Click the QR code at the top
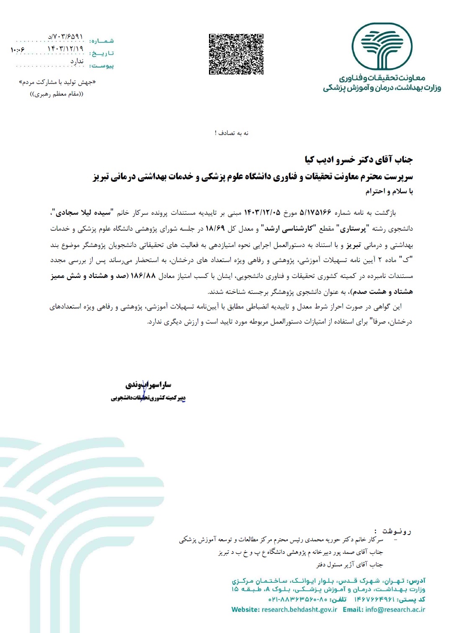[x=236, y=54]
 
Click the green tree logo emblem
[x=382, y=46]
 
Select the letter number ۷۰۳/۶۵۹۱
[x=65, y=37]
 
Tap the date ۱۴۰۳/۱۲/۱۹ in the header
[x=65, y=49]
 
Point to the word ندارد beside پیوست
[x=77, y=62]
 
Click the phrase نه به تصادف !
[x=232, y=133]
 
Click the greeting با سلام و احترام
[x=389, y=191]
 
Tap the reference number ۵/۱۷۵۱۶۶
[x=315, y=213]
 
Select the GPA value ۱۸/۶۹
[x=215, y=229]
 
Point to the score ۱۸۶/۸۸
[x=143, y=276]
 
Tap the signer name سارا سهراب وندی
[x=148, y=384]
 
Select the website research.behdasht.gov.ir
[x=299, y=610]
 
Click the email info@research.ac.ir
[x=395, y=610]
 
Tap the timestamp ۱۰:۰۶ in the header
[x=18, y=49]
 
